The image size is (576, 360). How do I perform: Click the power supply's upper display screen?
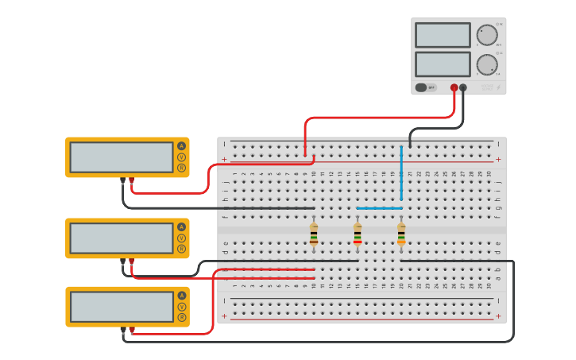pos(443,35)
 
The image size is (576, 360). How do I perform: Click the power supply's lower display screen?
pos(443,64)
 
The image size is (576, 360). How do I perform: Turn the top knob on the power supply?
pos(487,35)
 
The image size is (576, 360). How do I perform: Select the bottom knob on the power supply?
pos(487,64)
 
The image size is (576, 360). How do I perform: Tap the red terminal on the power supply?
pos(454,87)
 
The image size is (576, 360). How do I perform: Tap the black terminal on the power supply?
pos(463,87)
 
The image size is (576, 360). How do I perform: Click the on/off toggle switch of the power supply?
pos(422,87)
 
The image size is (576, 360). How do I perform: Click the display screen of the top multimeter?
pos(121,157)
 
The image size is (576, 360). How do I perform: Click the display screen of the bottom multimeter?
pos(121,307)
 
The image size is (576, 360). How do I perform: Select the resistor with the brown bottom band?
pos(314,234)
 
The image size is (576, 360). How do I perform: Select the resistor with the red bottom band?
pos(358,234)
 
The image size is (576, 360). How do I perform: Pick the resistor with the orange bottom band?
pos(401,234)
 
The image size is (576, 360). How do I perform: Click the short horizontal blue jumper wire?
pos(379,208)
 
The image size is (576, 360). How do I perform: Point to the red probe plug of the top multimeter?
pos(132,181)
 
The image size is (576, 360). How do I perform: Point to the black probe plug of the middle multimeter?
pos(122,261)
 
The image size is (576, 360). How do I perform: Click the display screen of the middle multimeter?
pos(121,238)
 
